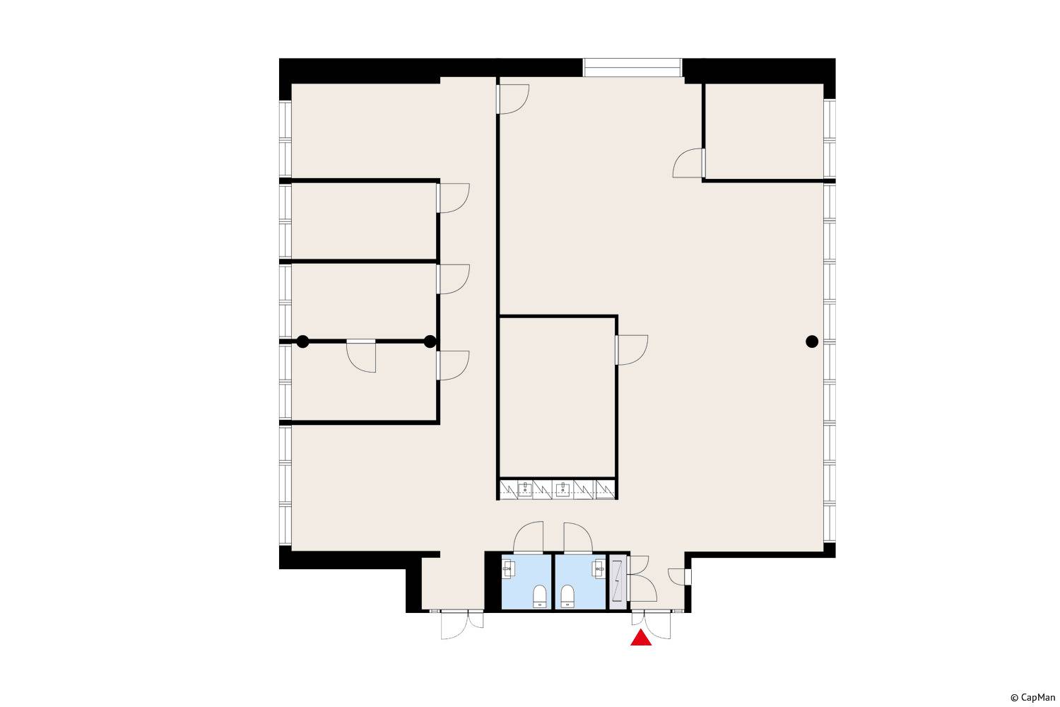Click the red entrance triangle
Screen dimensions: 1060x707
tap(641, 638)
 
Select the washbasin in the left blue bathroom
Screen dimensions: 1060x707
tap(508, 568)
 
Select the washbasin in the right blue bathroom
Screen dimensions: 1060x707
tap(599, 568)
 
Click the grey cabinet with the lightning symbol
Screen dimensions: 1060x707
tap(618, 582)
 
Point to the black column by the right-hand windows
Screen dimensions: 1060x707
tap(812, 341)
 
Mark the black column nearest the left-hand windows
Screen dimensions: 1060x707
tap(303, 341)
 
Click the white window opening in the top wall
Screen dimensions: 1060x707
tap(632, 68)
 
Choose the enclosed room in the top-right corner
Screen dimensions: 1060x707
tap(764, 132)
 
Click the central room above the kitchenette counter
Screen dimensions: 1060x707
tap(558, 397)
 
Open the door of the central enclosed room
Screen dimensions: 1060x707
tap(631, 350)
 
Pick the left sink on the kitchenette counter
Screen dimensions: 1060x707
tap(525, 489)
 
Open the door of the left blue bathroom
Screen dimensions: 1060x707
tap(528, 537)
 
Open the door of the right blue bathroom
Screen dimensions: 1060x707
tap(578, 538)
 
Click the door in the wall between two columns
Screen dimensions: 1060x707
tap(361, 356)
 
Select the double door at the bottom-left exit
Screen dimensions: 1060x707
tap(462, 624)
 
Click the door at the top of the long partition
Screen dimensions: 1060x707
tap(513, 100)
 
